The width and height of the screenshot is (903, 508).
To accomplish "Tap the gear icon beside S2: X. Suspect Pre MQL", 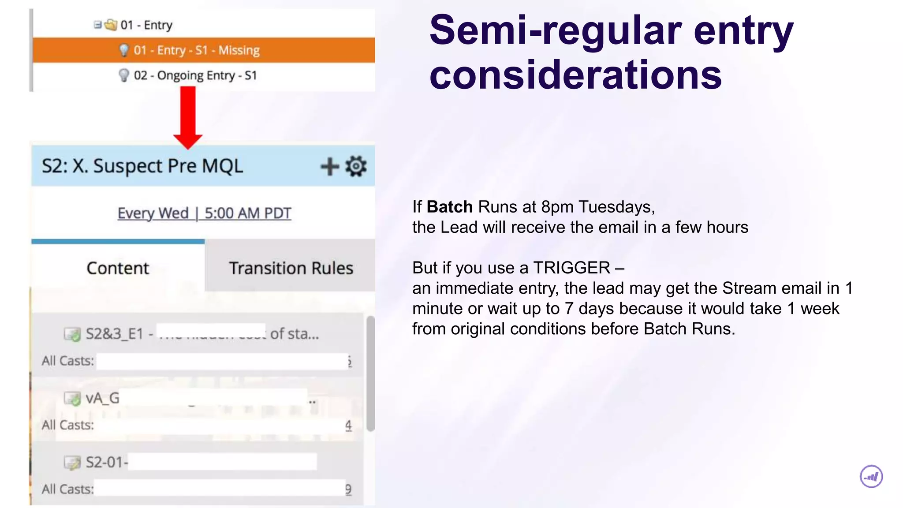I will (356, 166).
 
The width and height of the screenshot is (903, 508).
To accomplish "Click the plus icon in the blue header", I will (329, 167).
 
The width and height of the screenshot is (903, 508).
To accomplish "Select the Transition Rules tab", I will (291, 268).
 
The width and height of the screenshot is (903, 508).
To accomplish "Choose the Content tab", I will (118, 268).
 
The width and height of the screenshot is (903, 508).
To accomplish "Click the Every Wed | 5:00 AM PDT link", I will (204, 213).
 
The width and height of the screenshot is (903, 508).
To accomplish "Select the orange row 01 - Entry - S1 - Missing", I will (197, 50).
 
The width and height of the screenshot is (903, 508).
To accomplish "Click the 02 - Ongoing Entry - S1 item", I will (195, 75).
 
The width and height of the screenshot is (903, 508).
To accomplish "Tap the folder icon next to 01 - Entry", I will (111, 25).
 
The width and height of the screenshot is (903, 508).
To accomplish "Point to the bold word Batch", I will (449, 207).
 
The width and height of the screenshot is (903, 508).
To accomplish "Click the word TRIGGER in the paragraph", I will (571, 268).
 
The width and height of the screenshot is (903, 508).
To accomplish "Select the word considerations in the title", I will (575, 75).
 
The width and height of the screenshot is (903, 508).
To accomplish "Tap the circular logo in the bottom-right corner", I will (871, 477).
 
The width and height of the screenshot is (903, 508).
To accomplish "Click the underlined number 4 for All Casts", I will (348, 426).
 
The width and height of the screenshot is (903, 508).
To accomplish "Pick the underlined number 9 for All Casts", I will (348, 489).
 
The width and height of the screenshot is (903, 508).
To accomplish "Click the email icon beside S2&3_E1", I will (72, 334).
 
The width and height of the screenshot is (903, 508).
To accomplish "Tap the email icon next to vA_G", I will (72, 399).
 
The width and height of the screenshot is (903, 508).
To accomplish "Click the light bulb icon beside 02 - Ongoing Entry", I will (124, 75).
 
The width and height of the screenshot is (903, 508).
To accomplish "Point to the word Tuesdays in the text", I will (616, 207).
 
